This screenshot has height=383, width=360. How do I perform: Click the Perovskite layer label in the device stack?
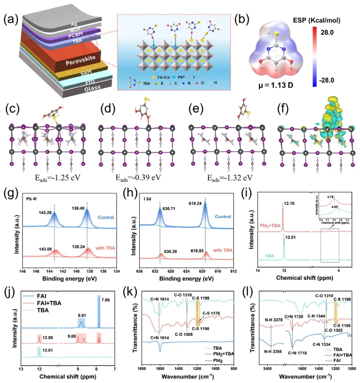click(80, 60)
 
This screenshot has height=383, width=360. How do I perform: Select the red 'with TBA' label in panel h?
click(223, 250)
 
